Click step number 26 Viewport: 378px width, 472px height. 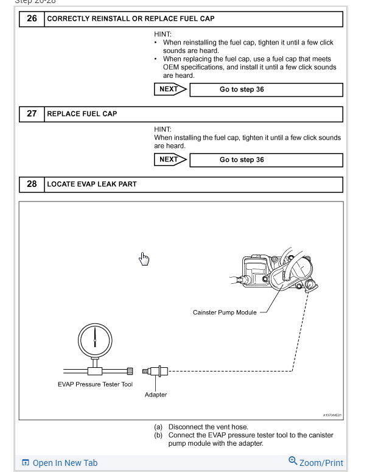coord(32,19)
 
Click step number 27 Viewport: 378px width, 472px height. coord(32,114)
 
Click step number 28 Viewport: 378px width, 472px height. coord(32,184)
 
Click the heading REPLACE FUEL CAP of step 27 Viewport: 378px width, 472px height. coord(82,114)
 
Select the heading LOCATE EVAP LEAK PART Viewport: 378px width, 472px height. coord(92,184)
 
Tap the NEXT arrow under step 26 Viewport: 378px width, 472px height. coord(170,90)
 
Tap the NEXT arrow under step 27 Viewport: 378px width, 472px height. coord(170,160)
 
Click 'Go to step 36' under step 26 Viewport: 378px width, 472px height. coord(242,90)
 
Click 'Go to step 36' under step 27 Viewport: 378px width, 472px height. coord(242,160)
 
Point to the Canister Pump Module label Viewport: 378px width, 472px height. coord(225,312)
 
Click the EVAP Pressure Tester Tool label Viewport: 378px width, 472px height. coord(95,384)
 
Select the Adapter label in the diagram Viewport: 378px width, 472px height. coord(156,395)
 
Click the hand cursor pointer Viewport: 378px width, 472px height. coord(144,259)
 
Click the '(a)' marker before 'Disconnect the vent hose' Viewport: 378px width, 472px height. coord(158,427)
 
